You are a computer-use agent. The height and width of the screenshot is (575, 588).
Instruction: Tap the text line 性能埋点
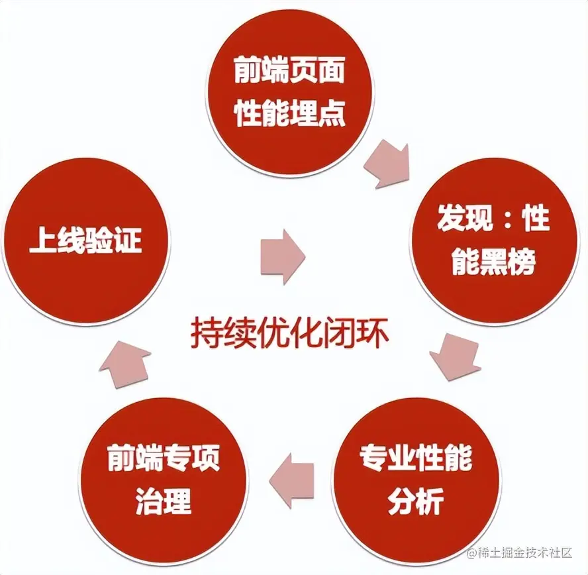(290, 115)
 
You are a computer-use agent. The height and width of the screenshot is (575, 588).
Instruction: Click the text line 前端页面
(290, 72)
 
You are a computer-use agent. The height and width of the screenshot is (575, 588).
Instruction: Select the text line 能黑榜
(493, 264)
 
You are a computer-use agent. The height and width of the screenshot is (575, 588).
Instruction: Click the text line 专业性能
(416, 458)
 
